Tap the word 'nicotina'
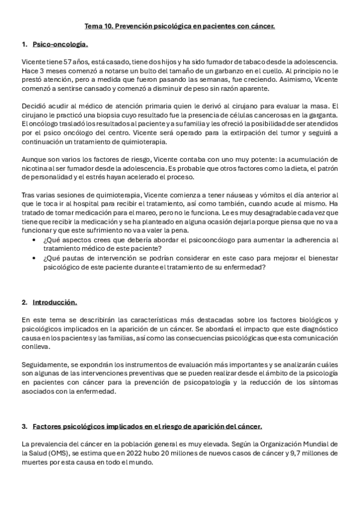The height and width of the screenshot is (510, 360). point(35,170)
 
